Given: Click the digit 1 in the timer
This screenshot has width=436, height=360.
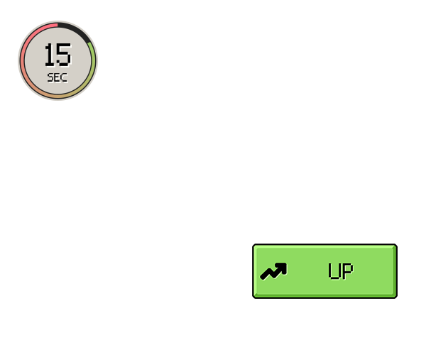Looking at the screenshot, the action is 49,55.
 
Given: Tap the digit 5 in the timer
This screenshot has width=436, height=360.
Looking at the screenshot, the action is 64,55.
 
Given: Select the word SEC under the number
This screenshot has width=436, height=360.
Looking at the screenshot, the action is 58,77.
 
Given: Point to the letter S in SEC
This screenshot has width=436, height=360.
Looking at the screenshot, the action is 50,77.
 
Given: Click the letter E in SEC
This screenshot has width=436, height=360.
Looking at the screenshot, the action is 57,77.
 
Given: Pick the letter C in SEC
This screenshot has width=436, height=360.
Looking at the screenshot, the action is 64,77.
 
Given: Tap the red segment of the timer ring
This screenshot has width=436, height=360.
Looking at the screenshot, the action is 30,36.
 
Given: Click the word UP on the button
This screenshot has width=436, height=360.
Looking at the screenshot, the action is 341,271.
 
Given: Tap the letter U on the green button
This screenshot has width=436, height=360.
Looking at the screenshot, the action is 334,271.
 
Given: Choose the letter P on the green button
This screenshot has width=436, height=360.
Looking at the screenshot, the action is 347,271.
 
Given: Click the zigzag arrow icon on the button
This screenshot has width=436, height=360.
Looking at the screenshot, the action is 273,271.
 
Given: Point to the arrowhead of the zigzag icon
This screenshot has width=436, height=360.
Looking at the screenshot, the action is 282,268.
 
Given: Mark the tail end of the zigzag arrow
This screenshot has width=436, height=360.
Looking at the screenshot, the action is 262,277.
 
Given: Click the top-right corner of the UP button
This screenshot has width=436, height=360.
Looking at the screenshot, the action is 397,244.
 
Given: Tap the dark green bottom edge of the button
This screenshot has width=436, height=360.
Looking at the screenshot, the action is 325,296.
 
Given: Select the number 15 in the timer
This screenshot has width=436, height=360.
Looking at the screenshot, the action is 58,55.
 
